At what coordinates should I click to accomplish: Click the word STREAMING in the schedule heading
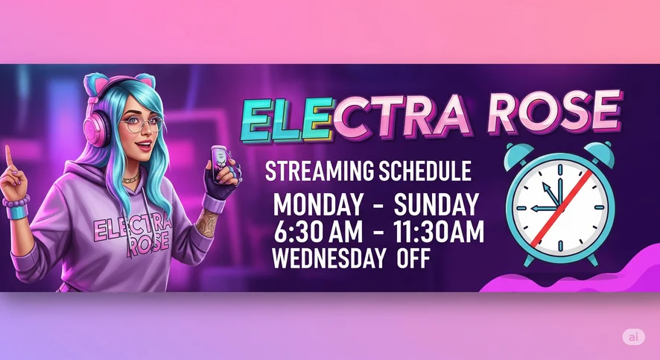[319, 171]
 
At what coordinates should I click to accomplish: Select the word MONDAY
[318, 205]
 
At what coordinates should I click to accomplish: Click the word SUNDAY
[436, 205]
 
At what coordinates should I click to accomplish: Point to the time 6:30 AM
[318, 232]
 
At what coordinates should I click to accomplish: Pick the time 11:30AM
[438, 232]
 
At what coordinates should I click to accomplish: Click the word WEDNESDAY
[329, 258]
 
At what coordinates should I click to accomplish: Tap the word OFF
[413, 258]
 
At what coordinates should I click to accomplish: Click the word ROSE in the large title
[556, 112]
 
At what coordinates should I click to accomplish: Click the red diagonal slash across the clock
[562, 208]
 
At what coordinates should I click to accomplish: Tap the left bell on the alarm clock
[519, 154]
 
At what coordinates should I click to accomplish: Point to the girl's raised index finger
[7, 157]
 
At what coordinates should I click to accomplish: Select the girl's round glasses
[141, 124]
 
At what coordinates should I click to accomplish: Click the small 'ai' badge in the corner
[634, 337]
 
